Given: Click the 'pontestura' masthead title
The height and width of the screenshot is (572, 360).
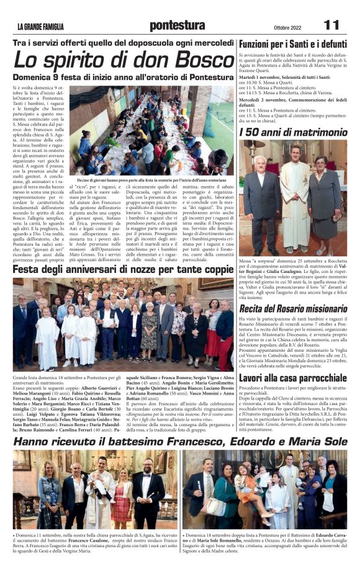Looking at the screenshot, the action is pyautogui.click(x=176, y=25).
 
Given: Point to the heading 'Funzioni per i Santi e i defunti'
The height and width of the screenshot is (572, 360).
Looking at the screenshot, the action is pyautogui.click(x=293, y=45).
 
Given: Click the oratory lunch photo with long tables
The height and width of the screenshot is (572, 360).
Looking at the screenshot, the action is pyautogui.click(x=151, y=130).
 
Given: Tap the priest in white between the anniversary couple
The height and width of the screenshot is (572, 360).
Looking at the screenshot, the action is pyautogui.click(x=294, y=205).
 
